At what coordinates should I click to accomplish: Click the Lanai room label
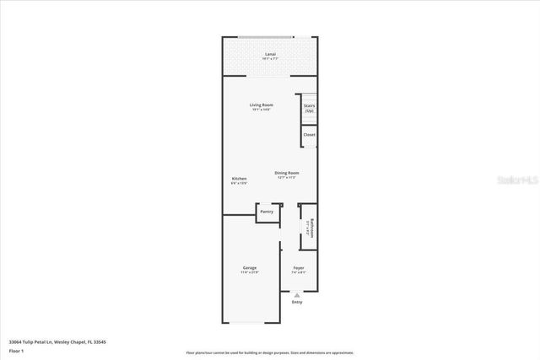click(270, 54)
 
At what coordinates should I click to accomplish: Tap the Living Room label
click(261, 105)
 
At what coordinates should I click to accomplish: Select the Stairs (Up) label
click(310, 108)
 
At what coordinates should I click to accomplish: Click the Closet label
click(310, 134)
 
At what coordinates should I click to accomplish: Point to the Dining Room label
click(287, 173)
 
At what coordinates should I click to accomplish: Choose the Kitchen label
click(240, 179)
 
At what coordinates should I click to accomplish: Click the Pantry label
click(267, 212)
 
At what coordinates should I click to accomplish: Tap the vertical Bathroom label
click(312, 229)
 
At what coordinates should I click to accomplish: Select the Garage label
click(250, 268)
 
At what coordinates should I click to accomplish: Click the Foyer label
click(298, 268)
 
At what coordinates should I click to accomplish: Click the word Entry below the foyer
click(297, 302)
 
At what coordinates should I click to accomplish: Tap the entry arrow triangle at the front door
click(297, 295)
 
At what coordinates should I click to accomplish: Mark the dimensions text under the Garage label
click(250, 273)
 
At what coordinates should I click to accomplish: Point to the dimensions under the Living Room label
click(261, 110)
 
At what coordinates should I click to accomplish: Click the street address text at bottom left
click(57, 341)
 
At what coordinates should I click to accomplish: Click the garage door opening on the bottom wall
click(250, 323)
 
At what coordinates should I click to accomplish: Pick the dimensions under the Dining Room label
click(287, 178)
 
